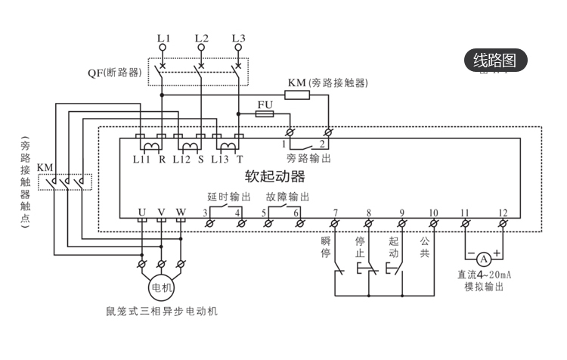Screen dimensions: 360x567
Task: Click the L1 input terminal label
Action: coord(163,37)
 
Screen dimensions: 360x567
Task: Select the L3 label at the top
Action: coord(239,37)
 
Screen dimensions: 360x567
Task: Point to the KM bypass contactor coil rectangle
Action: coord(297,95)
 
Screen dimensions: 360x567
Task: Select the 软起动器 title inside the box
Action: coord(275,177)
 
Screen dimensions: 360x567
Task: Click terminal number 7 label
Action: coord(336,213)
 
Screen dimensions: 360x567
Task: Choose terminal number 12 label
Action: coord(502,213)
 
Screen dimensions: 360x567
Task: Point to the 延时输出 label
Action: coord(230,197)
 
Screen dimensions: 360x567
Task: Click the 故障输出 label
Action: coord(287,197)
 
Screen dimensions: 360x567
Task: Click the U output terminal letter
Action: coord(141,213)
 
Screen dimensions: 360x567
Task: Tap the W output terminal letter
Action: coord(180,213)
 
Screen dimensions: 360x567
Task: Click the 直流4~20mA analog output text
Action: coord(485,275)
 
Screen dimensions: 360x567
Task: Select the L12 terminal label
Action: coord(181,159)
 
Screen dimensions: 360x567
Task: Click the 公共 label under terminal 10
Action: coord(425,247)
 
